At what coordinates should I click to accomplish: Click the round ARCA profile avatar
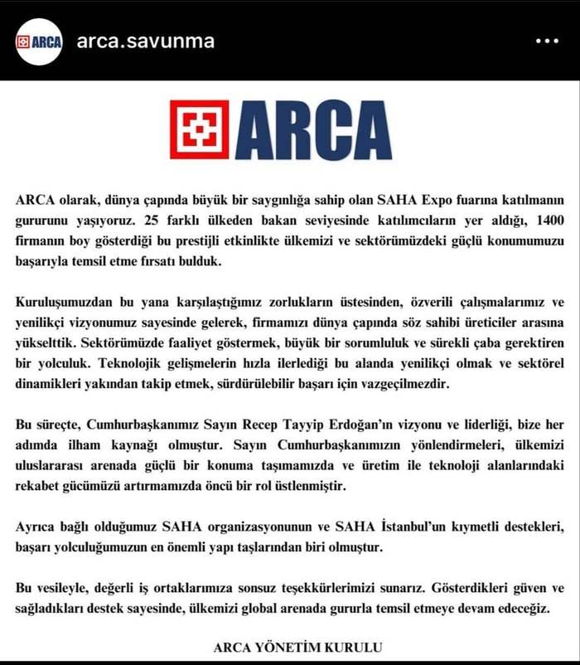click(x=39, y=41)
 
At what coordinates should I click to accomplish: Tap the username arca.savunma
click(x=145, y=41)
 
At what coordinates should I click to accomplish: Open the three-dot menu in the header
click(x=547, y=41)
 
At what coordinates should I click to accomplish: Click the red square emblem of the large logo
click(x=199, y=129)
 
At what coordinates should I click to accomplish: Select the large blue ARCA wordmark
click(x=314, y=129)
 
